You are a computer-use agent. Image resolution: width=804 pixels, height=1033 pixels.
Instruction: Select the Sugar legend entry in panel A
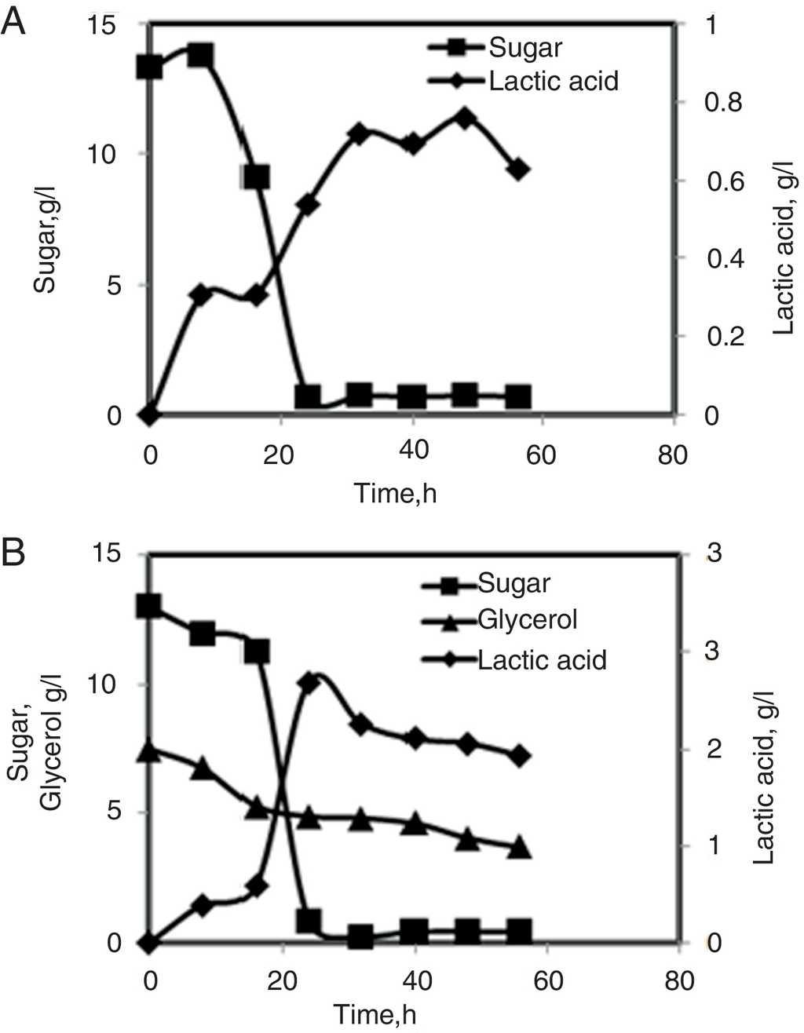(x=524, y=48)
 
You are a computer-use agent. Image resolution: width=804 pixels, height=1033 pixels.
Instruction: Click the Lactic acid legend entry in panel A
(x=553, y=80)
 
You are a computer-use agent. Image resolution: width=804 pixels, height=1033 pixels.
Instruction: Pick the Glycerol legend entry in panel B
(x=527, y=620)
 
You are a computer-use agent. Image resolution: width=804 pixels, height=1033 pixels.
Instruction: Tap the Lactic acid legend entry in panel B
(x=542, y=659)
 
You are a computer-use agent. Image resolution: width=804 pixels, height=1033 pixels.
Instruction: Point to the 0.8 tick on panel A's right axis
(x=725, y=103)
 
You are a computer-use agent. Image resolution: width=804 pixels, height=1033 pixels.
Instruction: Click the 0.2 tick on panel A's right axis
(x=725, y=337)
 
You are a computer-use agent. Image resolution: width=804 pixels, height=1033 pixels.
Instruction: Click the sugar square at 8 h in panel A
(x=201, y=56)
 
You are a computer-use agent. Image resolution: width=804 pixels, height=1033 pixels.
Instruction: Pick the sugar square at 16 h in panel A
(x=257, y=177)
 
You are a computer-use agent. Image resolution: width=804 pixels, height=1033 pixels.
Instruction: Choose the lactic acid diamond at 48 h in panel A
(x=465, y=119)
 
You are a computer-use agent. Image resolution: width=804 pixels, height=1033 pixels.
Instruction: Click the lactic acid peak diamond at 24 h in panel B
(x=309, y=683)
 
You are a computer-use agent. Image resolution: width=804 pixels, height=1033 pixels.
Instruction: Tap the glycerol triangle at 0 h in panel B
(x=149, y=751)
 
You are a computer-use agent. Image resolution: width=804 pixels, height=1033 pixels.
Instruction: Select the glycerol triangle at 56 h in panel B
(x=518, y=849)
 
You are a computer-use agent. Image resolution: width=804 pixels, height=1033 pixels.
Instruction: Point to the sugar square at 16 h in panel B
(x=256, y=651)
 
